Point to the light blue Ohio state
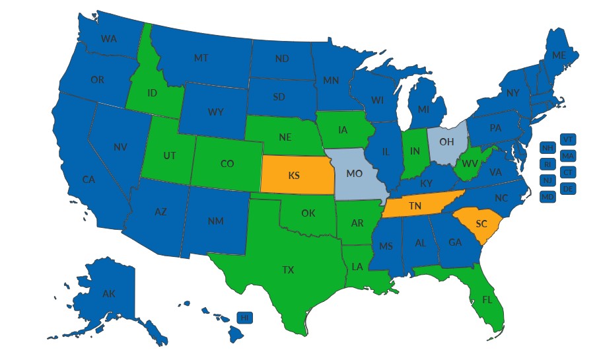click(x=446, y=140)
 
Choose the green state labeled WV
click(x=470, y=162)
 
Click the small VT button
click(x=567, y=139)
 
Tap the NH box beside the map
click(x=547, y=147)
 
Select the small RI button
click(x=547, y=164)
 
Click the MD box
click(x=547, y=197)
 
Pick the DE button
click(x=567, y=188)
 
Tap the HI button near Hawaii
click(x=245, y=318)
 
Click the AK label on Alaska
click(x=109, y=293)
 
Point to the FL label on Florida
click(x=487, y=299)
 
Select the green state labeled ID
click(x=152, y=93)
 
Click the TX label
click(x=289, y=270)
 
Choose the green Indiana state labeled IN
click(x=415, y=152)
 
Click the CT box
click(x=567, y=172)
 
